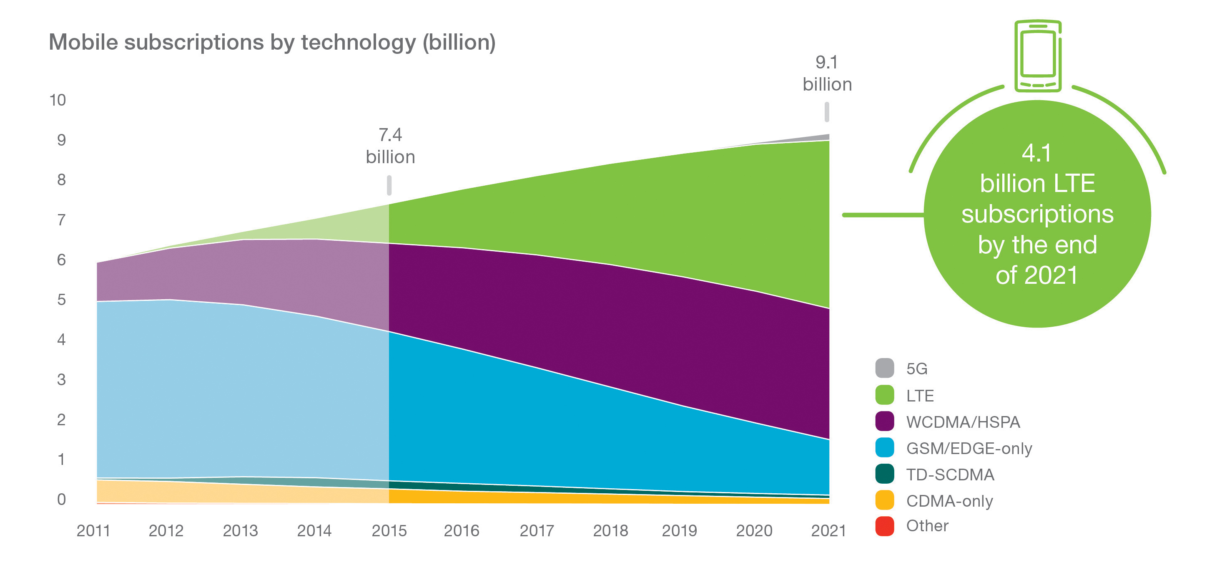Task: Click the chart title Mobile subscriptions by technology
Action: pos(272,43)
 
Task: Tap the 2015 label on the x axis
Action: pos(389,531)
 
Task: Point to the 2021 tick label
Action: pos(828,531)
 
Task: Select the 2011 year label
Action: pos(93,531)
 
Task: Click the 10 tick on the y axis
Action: pos(58,100)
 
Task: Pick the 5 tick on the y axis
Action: pos(61,300)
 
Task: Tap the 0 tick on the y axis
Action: pos(61,500)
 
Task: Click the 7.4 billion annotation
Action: pos(390,146)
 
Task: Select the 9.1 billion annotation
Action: pos(827,73)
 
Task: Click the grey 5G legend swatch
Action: pos(884,368)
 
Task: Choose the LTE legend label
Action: pos(920,396)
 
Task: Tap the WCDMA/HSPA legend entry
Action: pos(962,422)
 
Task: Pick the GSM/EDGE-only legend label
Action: pos(969,448)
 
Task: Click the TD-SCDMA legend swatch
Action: pos(884,474)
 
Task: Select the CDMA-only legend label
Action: pos(949,501)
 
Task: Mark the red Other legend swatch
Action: pos(884,526)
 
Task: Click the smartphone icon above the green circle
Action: pos(1037,56)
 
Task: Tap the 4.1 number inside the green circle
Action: pos(1036,153)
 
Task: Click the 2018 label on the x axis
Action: pos(610,531)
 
